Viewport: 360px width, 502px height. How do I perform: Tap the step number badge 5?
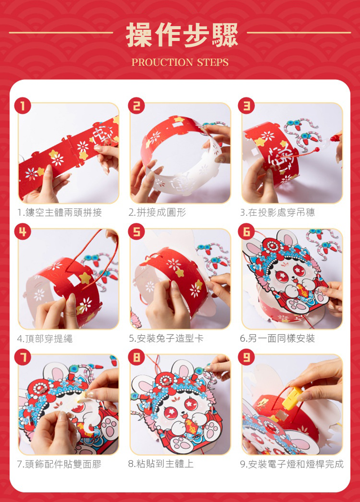(136, 231)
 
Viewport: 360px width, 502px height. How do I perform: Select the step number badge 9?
(247, 357)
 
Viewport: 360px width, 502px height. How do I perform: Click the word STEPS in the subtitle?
(213, 62)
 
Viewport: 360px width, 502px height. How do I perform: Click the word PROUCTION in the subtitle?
(162, 62)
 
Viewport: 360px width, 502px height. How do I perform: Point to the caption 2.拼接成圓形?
(157, 212)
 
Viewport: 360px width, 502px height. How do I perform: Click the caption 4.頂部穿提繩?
(45, 338)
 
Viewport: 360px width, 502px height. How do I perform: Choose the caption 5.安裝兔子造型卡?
(166, 338)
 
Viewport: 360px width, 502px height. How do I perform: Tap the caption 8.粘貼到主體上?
(161, 464)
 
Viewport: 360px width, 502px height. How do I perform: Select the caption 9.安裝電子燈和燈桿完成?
(292, 464)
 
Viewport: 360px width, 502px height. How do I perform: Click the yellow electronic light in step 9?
(292, 398)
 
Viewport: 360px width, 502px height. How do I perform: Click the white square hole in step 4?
(74, 281)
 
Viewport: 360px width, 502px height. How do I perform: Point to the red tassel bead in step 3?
(317, 149)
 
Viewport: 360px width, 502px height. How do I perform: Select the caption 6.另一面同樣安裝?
(278, 338)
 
